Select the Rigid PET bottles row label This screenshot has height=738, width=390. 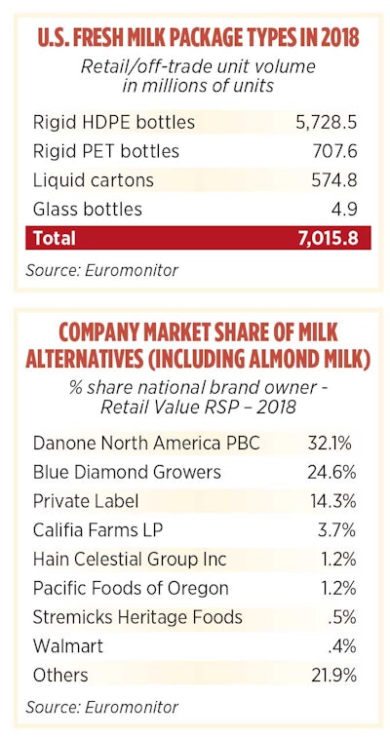106,151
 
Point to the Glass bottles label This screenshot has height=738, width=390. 88,209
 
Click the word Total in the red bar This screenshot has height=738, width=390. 54,238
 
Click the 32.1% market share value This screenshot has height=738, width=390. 328,444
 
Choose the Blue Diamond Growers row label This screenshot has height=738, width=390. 127,473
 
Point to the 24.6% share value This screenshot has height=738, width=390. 328,473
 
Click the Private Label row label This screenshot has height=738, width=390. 86,501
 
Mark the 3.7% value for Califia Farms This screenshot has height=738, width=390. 331,530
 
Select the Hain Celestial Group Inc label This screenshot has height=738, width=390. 129,560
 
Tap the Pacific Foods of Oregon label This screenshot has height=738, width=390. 130,588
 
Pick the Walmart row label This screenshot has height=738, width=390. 66,645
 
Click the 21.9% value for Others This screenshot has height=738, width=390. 328,675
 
